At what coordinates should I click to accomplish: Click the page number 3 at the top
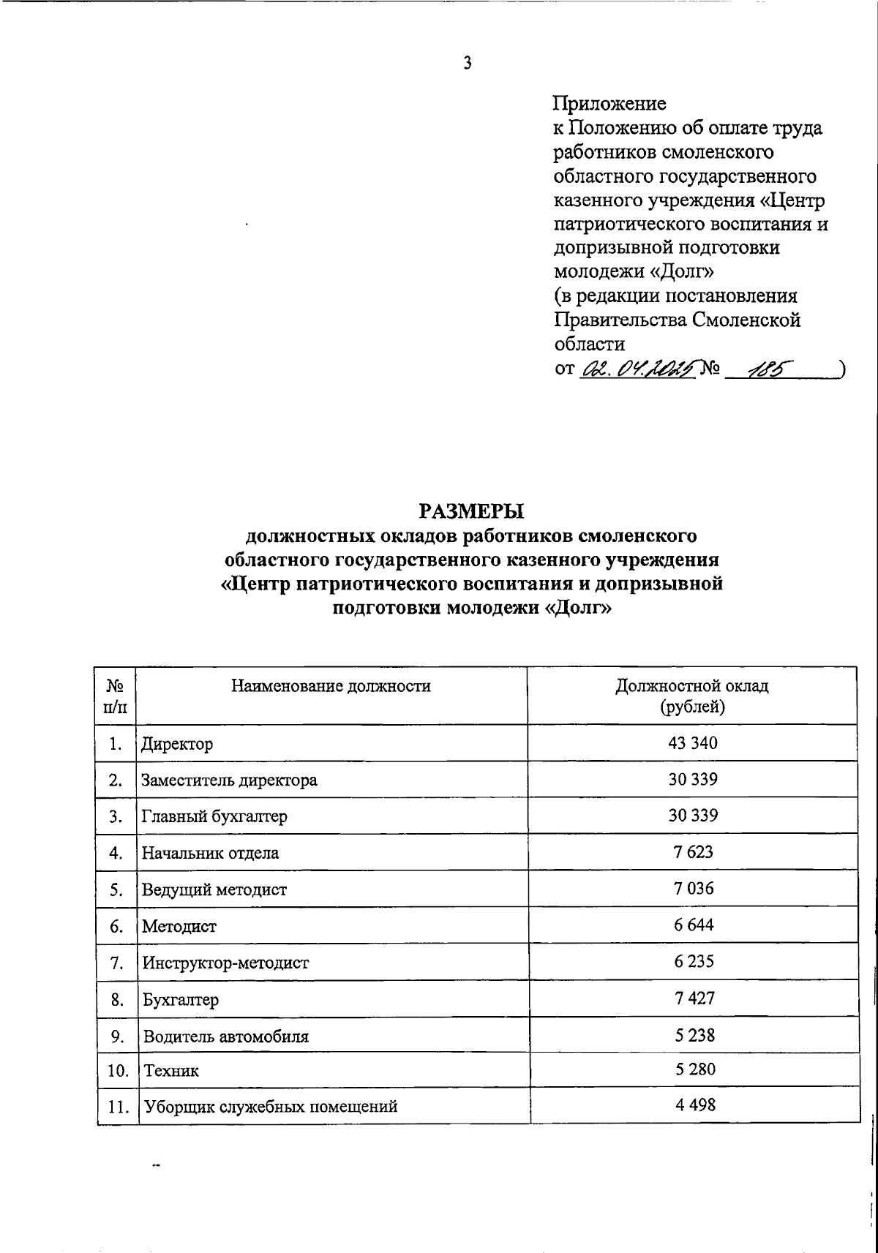click(468, 64)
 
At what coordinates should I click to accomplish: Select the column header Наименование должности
click(331, 685)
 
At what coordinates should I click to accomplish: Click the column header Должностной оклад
click(691, 685)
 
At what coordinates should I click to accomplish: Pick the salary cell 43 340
click(692, 743)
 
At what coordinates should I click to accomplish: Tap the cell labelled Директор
click(178, 745)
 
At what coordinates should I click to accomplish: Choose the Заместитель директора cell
click(230, 780)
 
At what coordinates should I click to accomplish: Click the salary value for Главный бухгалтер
click(692, 816)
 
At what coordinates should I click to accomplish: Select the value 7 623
click(692, 851)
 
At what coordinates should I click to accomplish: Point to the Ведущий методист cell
click(214, 889)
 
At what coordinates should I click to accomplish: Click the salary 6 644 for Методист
click(692, 925)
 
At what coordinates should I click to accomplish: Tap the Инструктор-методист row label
click(225, 963)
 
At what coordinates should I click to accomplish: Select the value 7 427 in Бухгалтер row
click(692, 998)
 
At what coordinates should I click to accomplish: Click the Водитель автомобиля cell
click(225, 1036)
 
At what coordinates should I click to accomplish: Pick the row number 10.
click(116, 1071)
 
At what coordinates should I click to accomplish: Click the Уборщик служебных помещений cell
click(270, 1106)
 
